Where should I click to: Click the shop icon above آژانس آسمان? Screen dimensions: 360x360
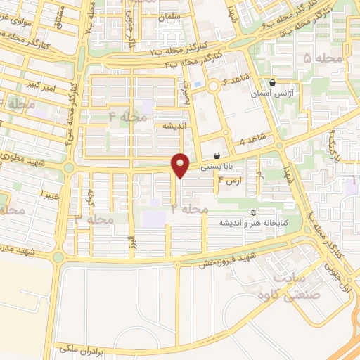pyautogui.click(x=273, y=82)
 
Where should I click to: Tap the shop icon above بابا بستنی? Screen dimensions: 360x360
pyautogui.click(x=217, y=155)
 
